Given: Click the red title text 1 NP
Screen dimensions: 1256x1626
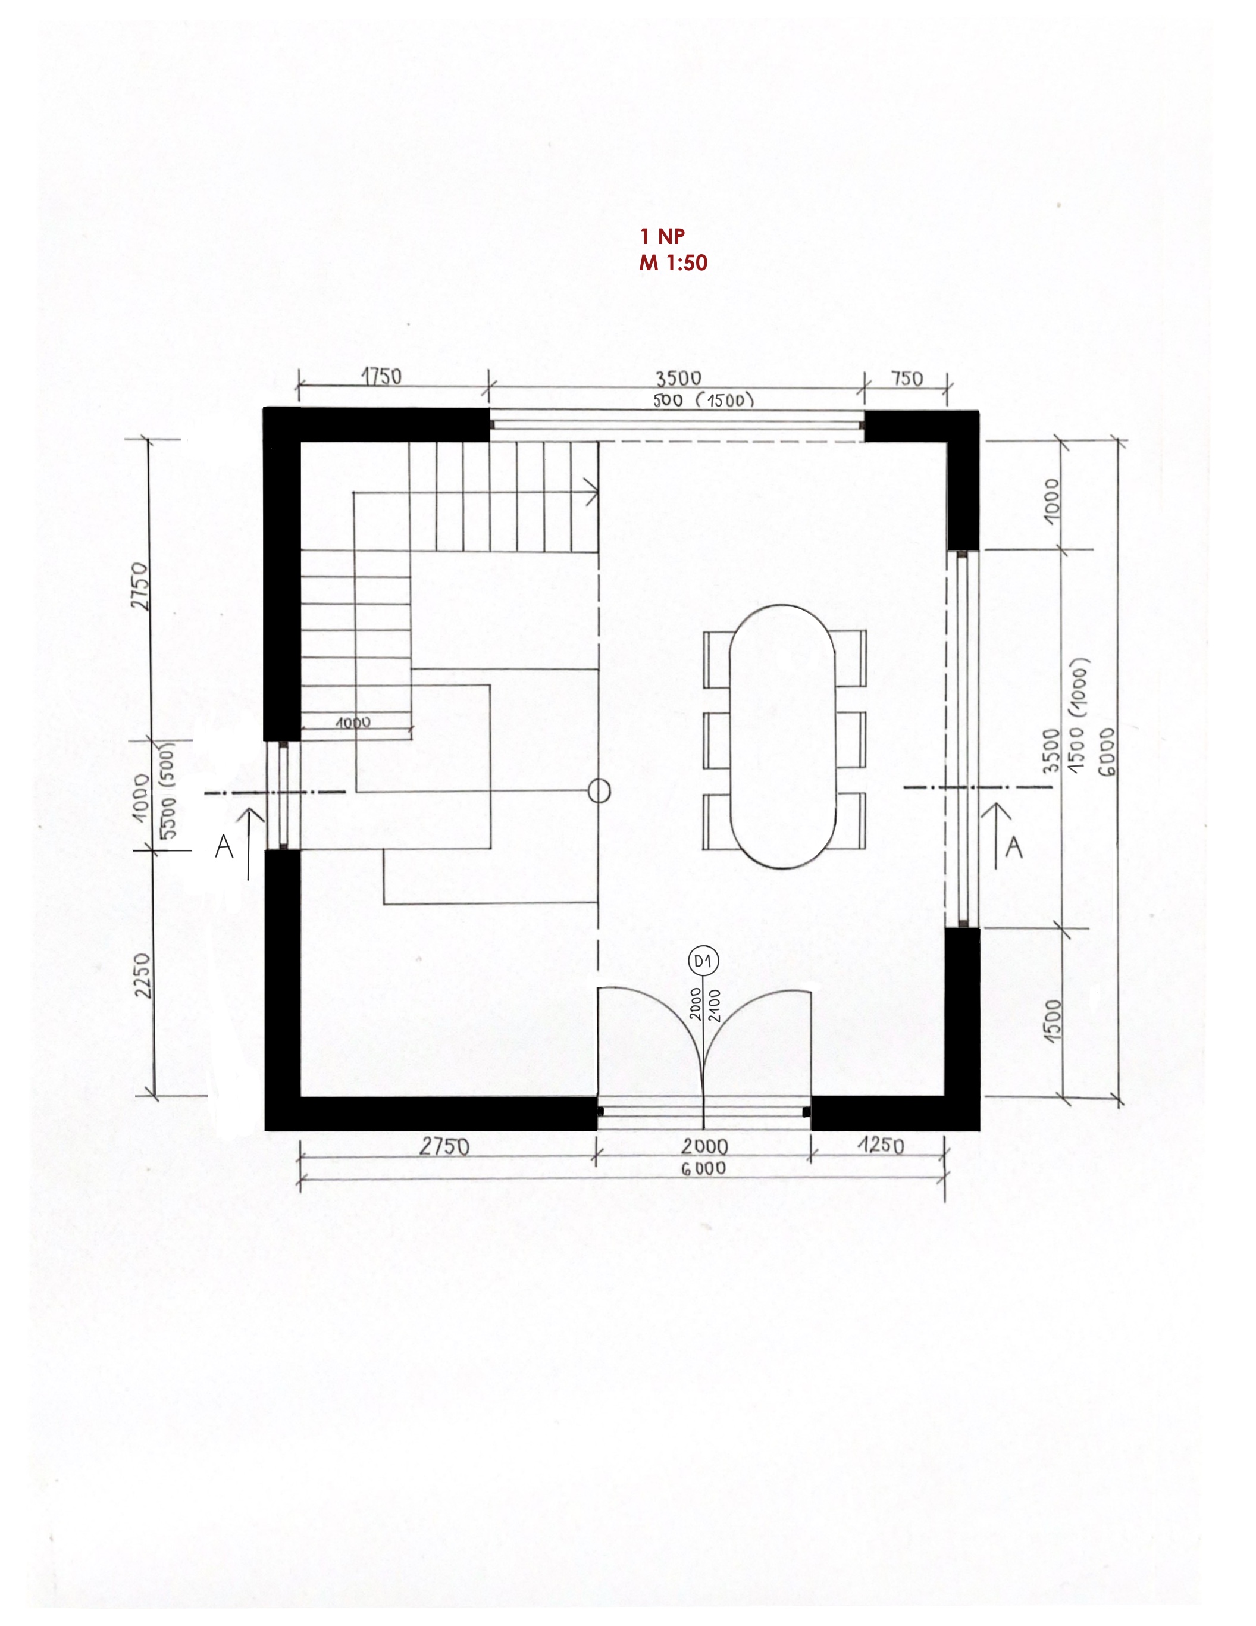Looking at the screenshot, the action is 662,236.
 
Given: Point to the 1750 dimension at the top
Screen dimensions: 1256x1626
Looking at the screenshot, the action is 381,377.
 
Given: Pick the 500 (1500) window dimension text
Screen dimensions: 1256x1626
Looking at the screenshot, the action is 704,401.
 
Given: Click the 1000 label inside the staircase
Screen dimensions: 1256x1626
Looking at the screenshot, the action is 353,722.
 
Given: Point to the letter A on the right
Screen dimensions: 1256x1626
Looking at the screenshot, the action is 1013,848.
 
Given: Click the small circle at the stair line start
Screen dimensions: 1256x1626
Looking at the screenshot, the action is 599,790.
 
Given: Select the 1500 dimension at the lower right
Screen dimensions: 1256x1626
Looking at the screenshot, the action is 1052,1021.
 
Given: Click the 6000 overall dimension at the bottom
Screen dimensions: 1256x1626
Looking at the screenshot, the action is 704,1168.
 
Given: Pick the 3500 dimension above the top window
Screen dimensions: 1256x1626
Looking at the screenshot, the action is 678,379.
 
